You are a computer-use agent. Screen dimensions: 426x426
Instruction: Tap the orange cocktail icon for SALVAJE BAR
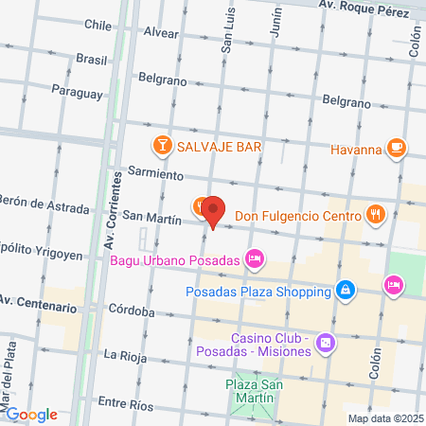tap(162, 146)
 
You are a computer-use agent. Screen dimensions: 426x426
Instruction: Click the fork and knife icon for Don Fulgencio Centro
tap(376, 214)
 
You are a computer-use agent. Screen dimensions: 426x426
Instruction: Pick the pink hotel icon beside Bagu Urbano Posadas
tap(254, 257)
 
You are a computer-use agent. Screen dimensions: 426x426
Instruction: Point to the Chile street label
tap(98, 25)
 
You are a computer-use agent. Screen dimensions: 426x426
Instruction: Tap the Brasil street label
tap(92, 59)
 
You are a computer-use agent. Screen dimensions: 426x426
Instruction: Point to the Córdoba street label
tap(131, 311)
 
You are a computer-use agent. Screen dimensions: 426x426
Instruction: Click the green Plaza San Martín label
tap(251, 393)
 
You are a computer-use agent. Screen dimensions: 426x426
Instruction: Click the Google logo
tap(30, 414)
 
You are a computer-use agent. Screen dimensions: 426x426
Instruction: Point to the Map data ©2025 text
tap(383, 417)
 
